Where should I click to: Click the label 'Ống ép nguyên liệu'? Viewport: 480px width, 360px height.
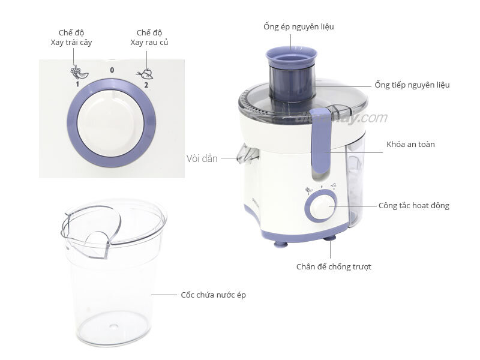tap(298, 27)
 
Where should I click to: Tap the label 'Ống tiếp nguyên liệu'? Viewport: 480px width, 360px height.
tap(412, 85)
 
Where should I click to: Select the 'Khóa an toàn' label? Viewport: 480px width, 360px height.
tap(411, 145)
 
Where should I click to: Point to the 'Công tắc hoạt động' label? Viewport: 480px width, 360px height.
tap(413, 206)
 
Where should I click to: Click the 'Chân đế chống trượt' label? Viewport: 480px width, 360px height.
tap(334, 266)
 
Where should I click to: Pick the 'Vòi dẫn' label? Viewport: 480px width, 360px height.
tap(202, 159)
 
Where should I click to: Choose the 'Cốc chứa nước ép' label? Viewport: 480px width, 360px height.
tap(213, 295)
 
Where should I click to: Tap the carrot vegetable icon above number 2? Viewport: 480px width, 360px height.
tap(146, 73)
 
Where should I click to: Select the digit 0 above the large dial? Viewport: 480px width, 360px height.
tap(112, 70)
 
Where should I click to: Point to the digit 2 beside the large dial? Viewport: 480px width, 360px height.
tap(146, 85)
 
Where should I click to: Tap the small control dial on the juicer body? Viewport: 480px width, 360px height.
tap(320, 208)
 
